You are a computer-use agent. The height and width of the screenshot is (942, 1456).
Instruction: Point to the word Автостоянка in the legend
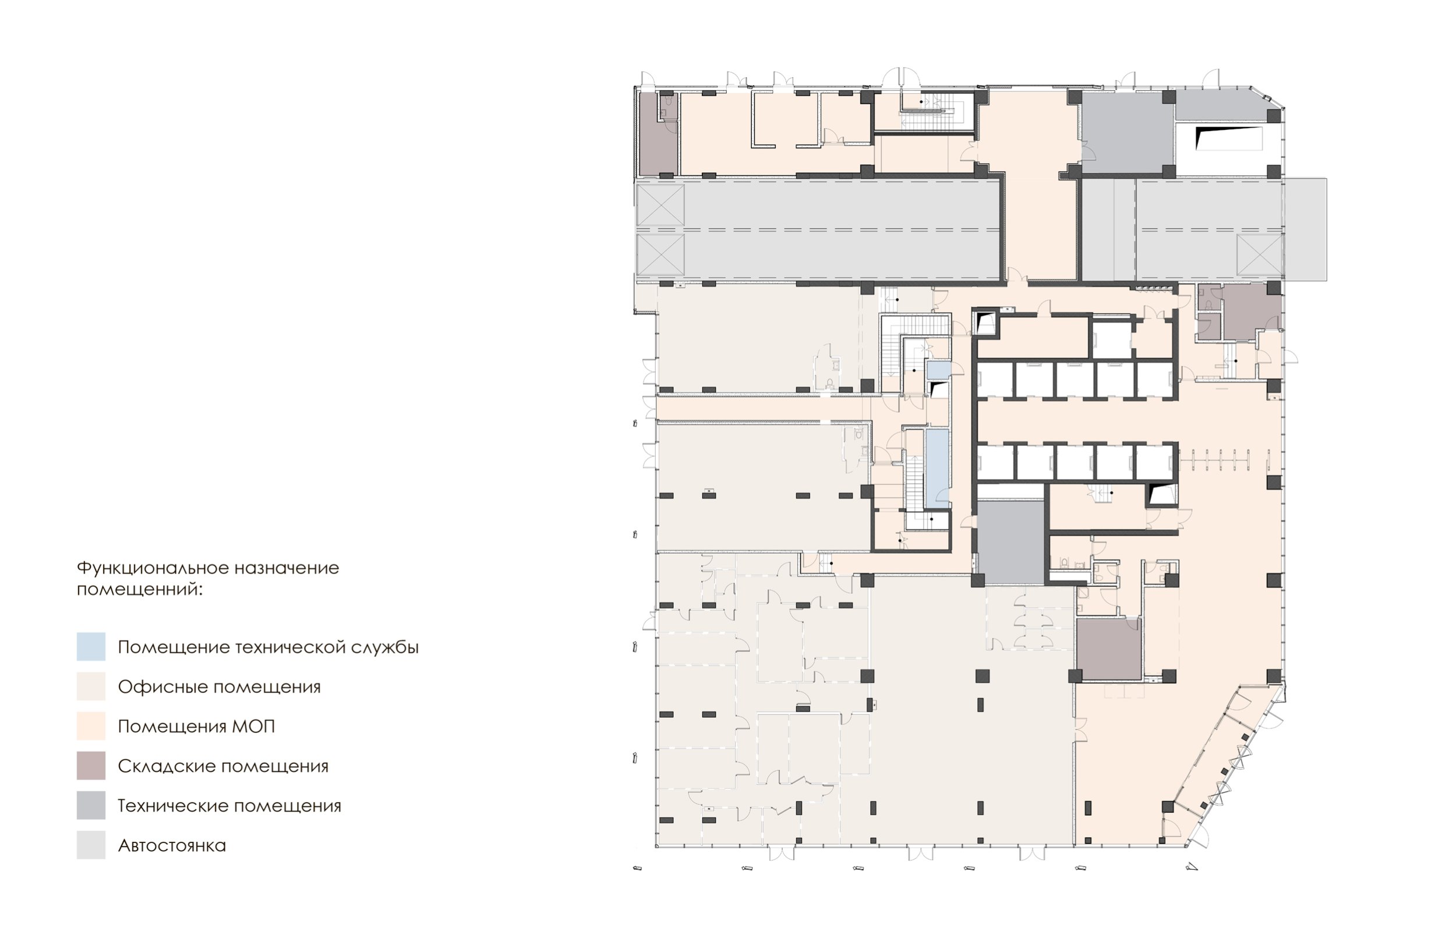tap(172, 845)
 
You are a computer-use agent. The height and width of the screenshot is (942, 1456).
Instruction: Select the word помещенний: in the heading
tap(139, 590)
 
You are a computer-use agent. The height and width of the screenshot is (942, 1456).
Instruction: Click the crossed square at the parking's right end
tap(1260, 254)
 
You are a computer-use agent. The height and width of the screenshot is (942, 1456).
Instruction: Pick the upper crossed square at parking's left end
tap(660, 205)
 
